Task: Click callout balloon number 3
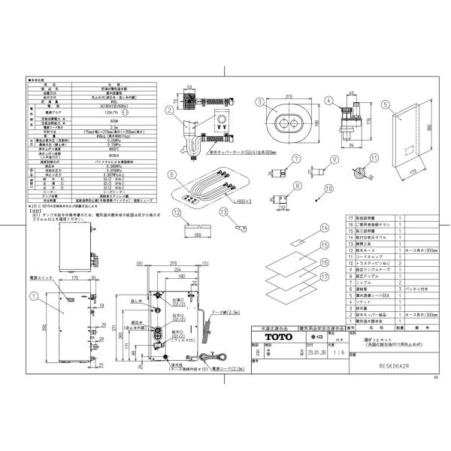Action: (258, 102)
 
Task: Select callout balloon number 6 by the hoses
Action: (173, 174)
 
